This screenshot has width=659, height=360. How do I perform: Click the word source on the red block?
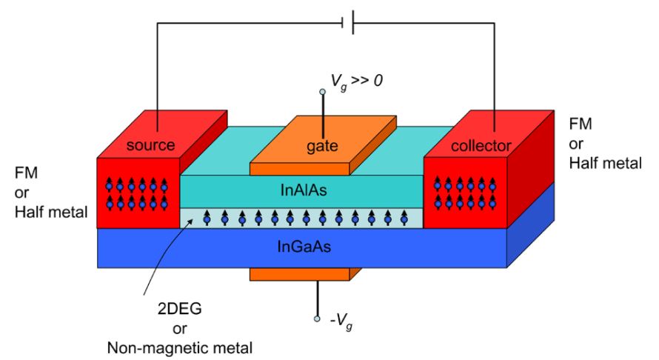coord(151,144)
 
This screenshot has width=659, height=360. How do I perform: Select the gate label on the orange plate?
coord(322,146)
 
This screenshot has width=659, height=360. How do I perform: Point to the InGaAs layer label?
coord(302,247)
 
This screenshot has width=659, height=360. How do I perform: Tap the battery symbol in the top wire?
coord(349,22)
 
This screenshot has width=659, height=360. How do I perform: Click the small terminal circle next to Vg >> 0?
coord(322,93)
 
